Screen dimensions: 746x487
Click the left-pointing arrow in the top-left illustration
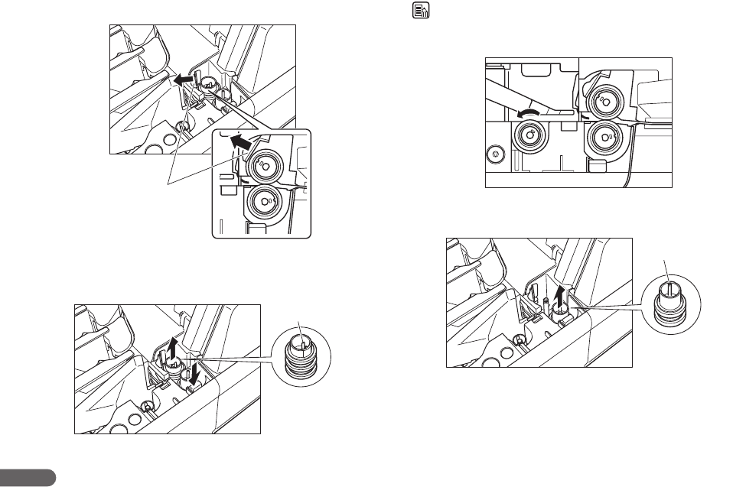[182, 78]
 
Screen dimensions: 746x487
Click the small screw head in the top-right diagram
[496, 154]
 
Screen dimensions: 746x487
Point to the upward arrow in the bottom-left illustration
[173, 348]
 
